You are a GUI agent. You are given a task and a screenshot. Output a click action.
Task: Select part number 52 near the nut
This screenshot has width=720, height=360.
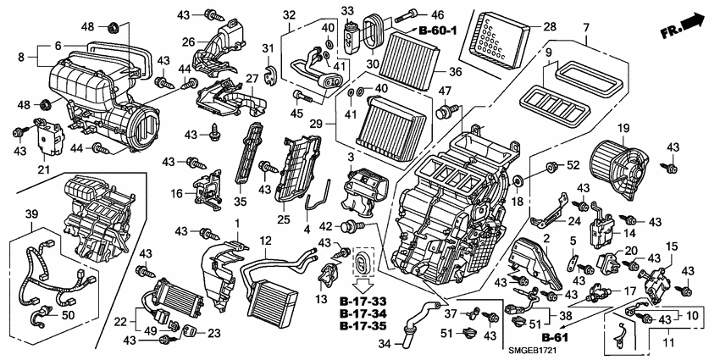573,163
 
